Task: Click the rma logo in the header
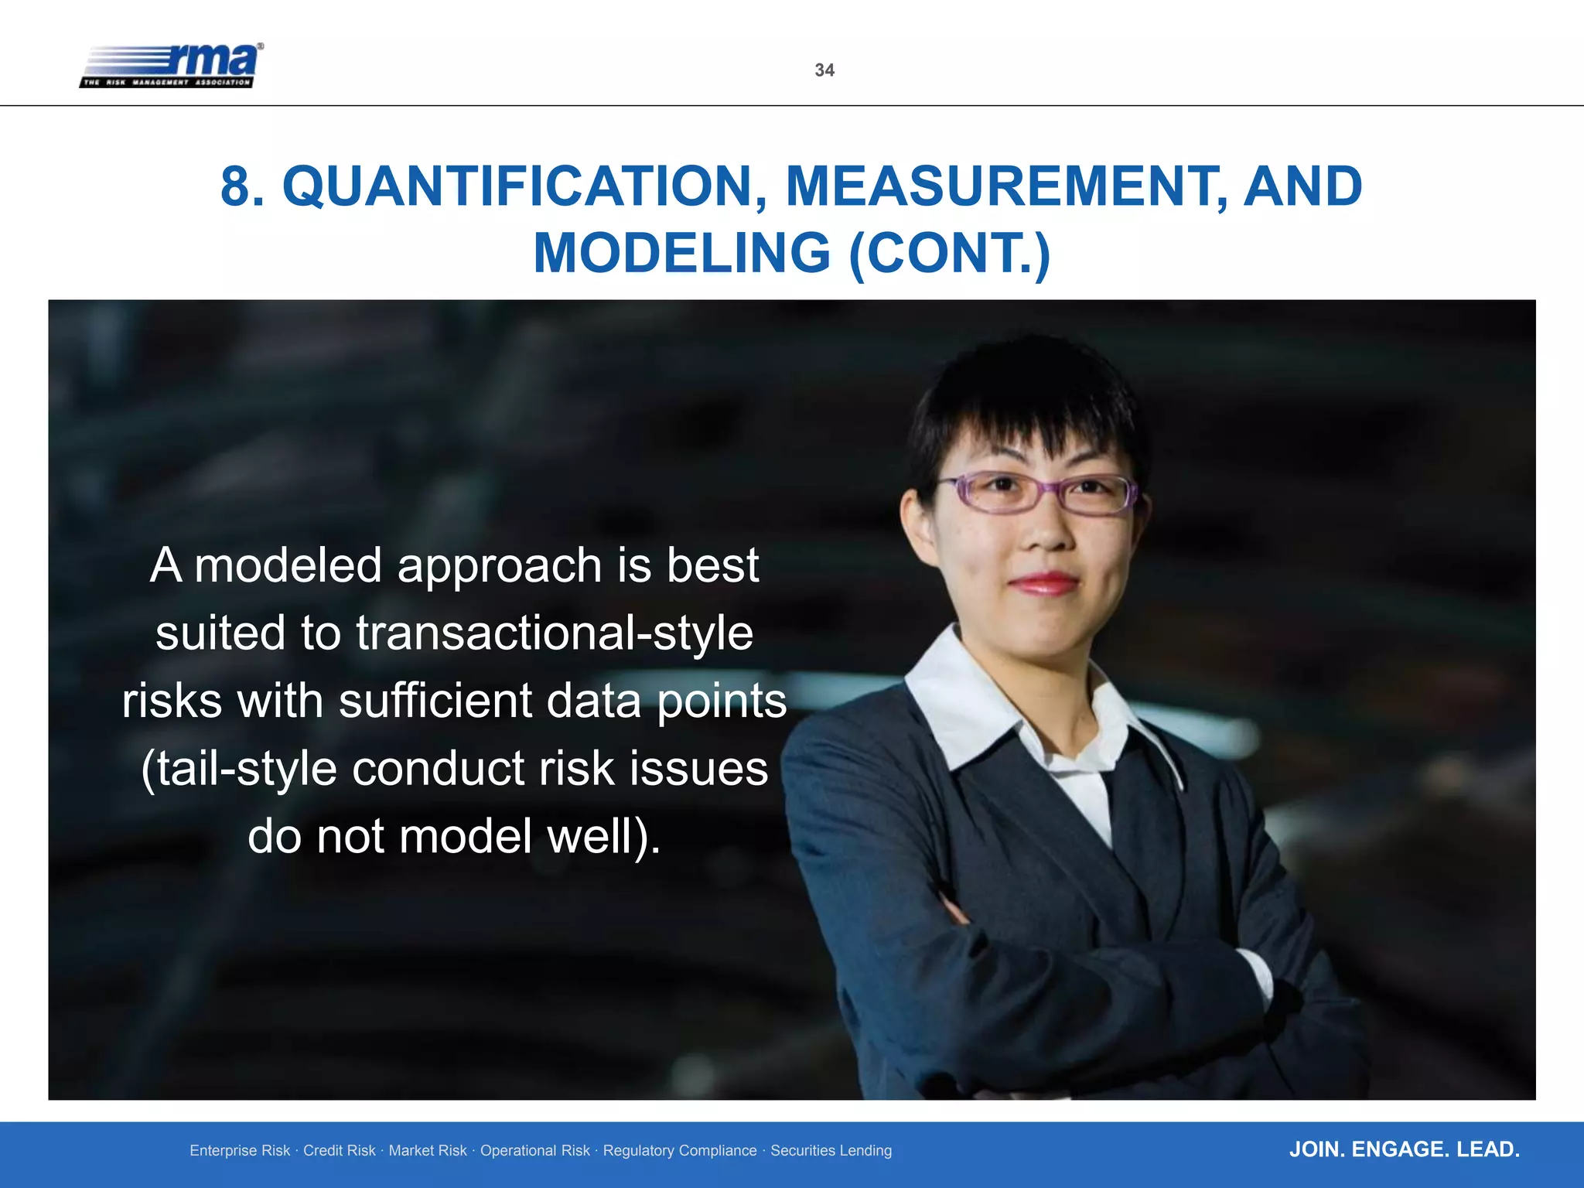[172, 66]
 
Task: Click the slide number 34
[824, 70]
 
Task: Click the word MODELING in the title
[681, 254]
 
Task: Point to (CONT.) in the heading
[949, 254]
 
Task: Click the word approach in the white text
[499, 567]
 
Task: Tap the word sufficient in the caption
[435, 701]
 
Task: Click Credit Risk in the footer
[339, 1151]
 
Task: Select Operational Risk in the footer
[534, 1151]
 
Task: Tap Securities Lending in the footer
[831, 1151]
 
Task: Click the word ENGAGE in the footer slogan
[1400, 1149]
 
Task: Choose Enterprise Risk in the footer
[240, 1151]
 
